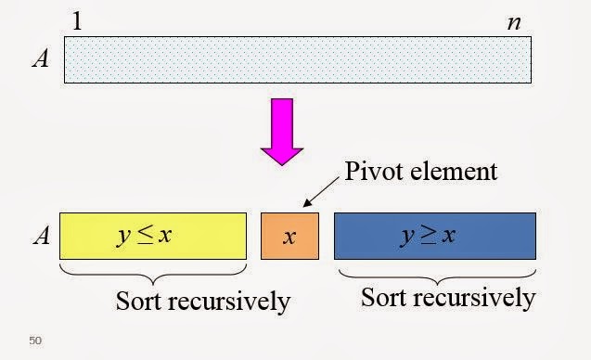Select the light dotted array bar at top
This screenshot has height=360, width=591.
pos(298,59)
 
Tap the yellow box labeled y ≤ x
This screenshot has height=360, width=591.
pos(153,236)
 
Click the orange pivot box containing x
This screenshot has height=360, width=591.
pos(289,236)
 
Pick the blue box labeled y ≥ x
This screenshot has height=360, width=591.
pos(434,236)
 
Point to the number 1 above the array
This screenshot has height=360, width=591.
pos(77,20)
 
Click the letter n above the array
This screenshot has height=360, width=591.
pos(513,22)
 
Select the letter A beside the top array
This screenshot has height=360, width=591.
pos(40,59)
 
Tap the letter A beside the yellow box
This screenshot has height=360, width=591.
pos(40,236)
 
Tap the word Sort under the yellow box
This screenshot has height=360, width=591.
pos(142,302)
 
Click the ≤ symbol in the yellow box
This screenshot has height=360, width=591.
pos(145,236)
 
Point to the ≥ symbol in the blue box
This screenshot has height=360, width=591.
pos(428,236)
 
